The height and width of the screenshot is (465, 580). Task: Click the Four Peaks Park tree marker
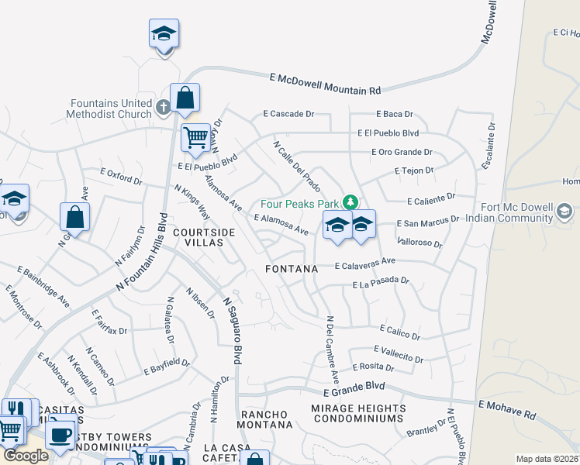(x=350, y=202)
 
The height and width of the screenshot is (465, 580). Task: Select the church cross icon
(x=163, y=106)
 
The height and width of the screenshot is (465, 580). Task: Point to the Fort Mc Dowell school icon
(x=564, y=211)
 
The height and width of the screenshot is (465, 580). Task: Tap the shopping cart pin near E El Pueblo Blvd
(x=195, y=138)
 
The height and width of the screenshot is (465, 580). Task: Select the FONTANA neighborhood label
(x=292, y=268)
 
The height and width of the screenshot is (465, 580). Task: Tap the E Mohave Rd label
(x=507, y=409)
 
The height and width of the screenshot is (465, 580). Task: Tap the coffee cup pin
(x=60, y=433)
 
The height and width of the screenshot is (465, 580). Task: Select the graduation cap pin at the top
(x=164, y=33)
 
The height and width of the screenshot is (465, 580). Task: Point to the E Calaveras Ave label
(x=365, y=264)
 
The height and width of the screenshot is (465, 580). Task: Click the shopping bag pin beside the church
(x=185, y=98)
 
